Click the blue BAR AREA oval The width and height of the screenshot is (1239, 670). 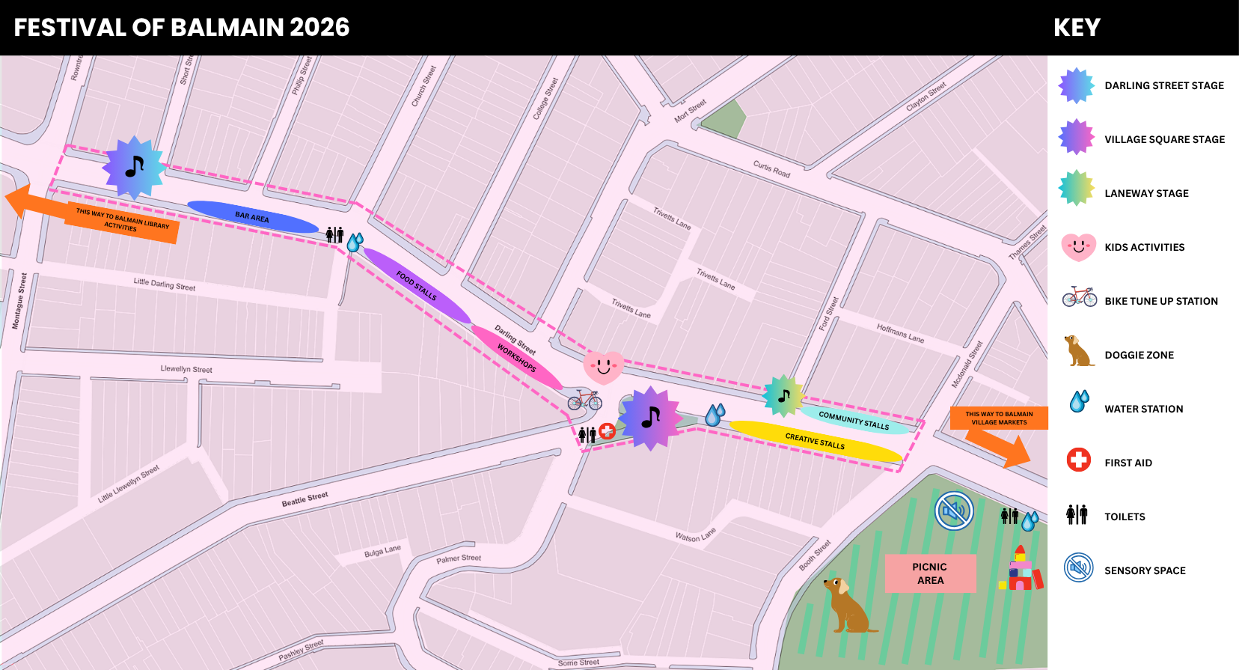252,217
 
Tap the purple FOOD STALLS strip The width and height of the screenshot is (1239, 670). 417,285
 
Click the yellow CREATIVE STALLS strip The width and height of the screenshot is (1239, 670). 815,441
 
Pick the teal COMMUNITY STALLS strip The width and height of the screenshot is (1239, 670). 854,420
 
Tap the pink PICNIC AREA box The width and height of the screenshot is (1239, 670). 930,573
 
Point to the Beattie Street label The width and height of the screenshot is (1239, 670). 305,499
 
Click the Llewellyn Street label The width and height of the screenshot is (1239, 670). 186,369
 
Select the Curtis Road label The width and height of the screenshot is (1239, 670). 771,169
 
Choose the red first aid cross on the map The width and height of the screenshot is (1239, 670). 607,430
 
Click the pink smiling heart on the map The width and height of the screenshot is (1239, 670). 603,368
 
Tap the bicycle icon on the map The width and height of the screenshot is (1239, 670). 584,400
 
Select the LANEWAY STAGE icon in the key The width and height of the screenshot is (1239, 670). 1077,188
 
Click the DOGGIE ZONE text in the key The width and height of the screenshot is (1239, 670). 1139,355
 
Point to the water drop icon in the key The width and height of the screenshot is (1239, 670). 1079,402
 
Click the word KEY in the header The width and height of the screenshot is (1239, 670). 1077,28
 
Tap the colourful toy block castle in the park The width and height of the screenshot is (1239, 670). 1021,570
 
